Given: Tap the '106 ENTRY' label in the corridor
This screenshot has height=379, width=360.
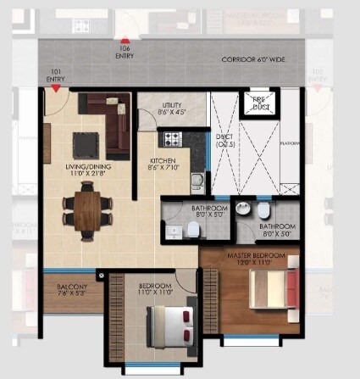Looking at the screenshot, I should (125, 53).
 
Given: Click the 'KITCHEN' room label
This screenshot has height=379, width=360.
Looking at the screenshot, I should (163, 161).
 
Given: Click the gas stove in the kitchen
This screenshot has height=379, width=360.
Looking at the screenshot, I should (173, 138).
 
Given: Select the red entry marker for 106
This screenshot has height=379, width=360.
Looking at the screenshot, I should (125, 40).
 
